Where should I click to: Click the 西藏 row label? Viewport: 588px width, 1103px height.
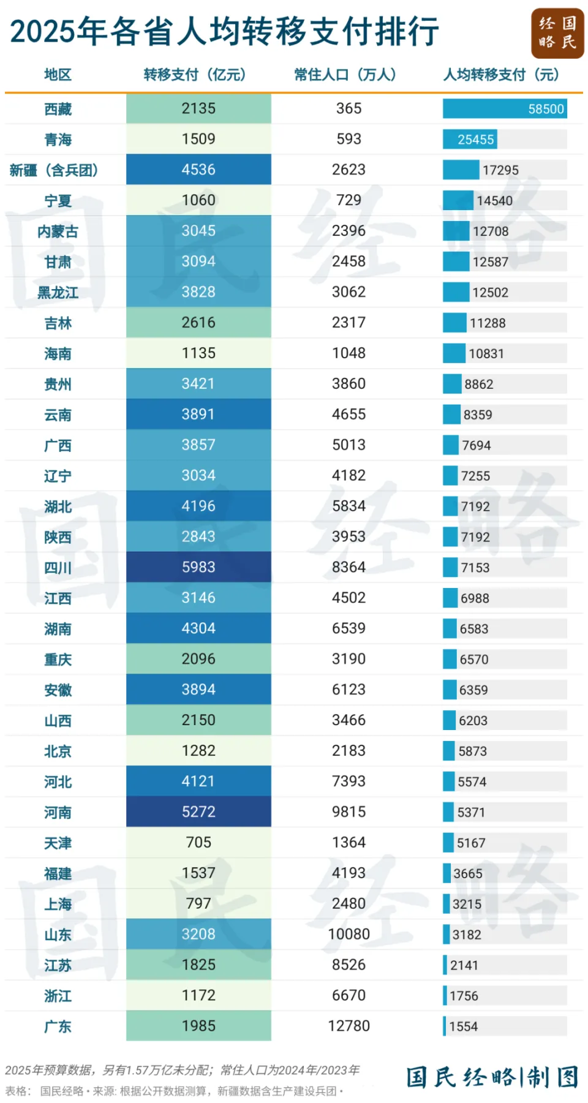coord(58,109)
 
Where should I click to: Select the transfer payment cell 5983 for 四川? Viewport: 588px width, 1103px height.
coord(198,567)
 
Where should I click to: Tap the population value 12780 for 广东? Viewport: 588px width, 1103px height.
coord(349,1026)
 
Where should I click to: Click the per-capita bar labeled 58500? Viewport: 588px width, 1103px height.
coord(505,109)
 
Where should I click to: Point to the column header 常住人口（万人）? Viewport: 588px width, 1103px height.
coord(345,75)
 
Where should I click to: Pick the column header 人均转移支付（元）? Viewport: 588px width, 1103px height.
coord(501,75)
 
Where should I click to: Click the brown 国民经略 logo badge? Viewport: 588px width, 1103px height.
coord(557,33)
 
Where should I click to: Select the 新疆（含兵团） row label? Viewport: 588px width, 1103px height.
coord(54,170)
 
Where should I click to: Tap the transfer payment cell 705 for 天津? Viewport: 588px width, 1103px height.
coord(198,843)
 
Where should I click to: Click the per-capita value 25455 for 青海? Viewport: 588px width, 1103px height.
coord(475,140)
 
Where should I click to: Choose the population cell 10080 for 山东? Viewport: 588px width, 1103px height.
coord(349,934)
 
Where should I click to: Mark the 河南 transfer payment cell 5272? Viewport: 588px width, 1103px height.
coord(198,812)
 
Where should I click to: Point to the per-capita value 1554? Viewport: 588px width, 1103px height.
coord(463,1026)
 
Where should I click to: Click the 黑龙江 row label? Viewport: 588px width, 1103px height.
coord(58,293)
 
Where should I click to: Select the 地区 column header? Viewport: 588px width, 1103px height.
coord(58,75)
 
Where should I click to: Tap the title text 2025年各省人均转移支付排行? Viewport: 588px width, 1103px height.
coord(224,32)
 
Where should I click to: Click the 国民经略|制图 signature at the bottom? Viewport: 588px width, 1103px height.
coord(492,1077)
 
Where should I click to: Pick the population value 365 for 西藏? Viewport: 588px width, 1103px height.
coord(349,108)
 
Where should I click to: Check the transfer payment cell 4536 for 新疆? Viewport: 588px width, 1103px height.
coord(198,170)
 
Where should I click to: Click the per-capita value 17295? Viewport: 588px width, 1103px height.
coord(500,170)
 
